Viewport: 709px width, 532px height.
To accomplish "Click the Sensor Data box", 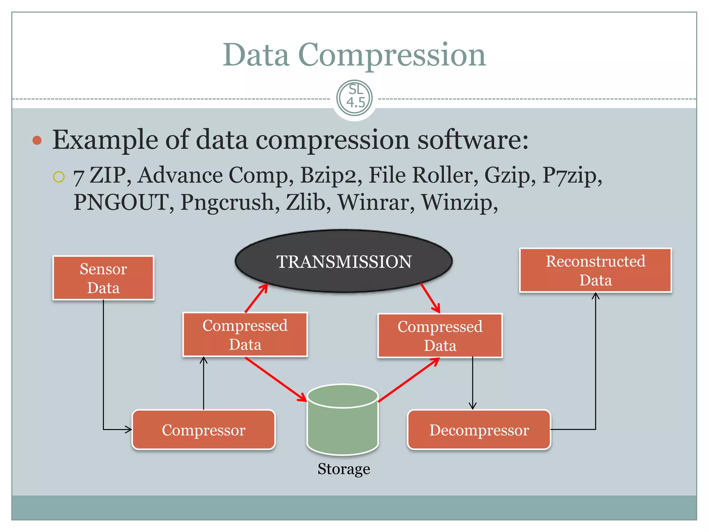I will (x=103, y=278).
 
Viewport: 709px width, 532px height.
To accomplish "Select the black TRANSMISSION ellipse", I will (x=343, y=261).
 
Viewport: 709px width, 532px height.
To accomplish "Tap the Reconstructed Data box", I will (x=595, y=271).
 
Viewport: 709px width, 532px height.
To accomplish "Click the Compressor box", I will (x=204, y=430).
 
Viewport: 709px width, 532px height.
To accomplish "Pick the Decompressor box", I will (x=479, y=430).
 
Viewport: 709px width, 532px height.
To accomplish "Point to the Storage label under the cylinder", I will (x=344, y=469).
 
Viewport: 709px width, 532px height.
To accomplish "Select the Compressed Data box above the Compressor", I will (x=245, y=335).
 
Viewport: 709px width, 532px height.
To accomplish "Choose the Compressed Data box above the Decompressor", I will (x=440, y=336).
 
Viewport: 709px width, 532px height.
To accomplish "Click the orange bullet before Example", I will (x=37, y=140).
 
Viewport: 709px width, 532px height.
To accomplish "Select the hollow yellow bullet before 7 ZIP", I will (x=59, y=177).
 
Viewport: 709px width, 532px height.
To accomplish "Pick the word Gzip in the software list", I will (x=507, y=175).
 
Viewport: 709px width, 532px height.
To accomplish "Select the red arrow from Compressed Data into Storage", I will (x=276, y=379).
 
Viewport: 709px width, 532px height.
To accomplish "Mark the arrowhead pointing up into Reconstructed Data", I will (x=595, y=296).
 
